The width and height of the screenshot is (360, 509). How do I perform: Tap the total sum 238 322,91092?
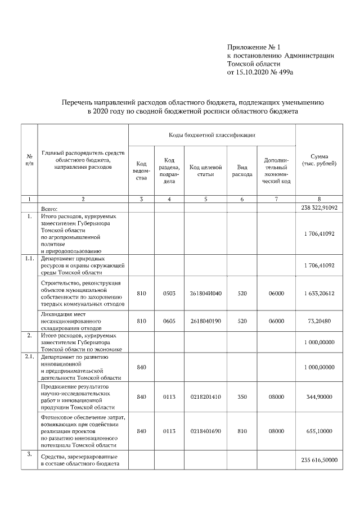tap(319, 208)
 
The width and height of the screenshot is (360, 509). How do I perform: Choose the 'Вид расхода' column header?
tap(242, 171)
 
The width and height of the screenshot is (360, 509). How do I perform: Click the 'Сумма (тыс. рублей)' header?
tap(319, 159)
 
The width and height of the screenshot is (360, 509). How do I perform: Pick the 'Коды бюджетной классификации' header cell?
tap(211, 135)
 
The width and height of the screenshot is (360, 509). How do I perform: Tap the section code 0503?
tap(169, 293)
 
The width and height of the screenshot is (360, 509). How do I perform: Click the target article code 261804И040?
tap(206, 293)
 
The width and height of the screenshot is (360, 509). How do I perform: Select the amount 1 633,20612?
tap(319, 293)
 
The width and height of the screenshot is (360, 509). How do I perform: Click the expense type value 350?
tap(242, 397)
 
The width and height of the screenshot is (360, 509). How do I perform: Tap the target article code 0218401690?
tap(206, 431)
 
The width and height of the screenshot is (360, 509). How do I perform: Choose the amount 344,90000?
tap(319, 397)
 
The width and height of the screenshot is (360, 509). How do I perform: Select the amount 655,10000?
tap(319, 431)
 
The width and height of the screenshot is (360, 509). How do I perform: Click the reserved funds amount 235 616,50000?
tap(319, 460)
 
